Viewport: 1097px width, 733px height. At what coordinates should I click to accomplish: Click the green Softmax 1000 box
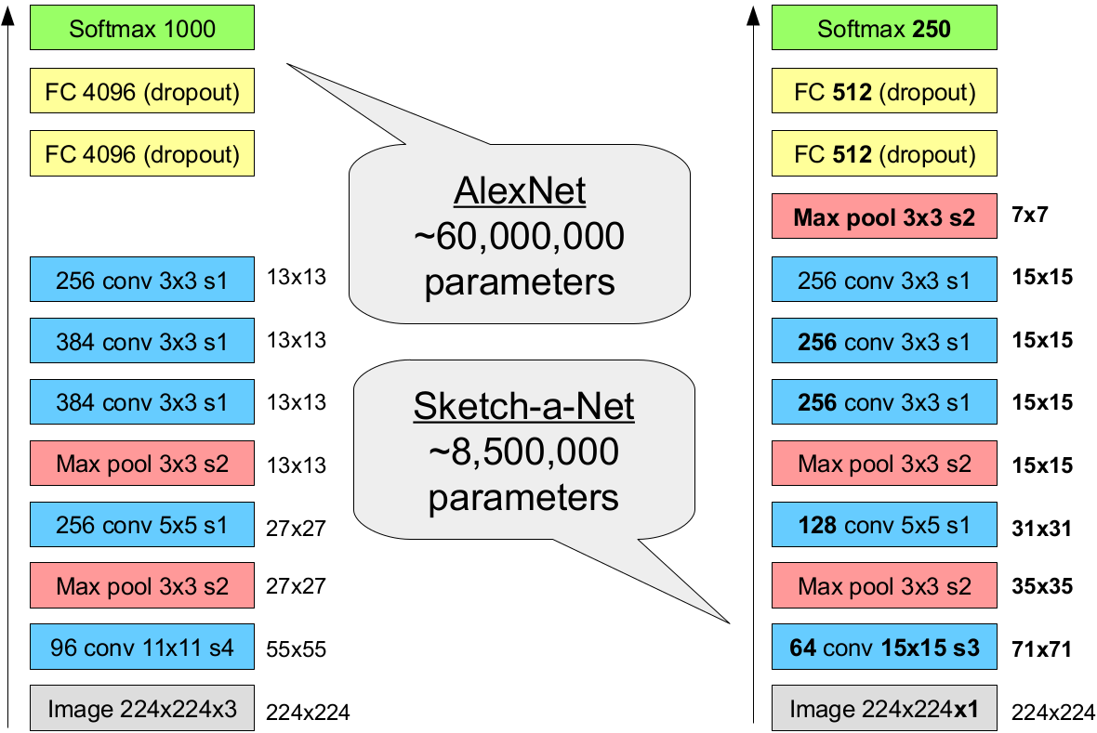pyautogui.click(x=141, y=29)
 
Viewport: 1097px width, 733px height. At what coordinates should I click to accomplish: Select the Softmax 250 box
pyautogui.click(x=884, y=29)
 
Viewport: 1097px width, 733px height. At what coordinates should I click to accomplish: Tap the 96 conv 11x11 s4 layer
pyautogui.click(x=141, y=648)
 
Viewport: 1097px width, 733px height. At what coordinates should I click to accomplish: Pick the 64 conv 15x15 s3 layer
pyautogui.click(x=884, y=648)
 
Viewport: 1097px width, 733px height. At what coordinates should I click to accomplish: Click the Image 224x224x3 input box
pyautogui.click(x=141, y=710)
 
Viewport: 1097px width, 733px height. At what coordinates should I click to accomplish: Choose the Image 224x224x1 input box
pyautogui.click(x=884, y=710)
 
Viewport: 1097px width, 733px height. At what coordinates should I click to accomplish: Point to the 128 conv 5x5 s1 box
pyautogui.click(x=884, y=525)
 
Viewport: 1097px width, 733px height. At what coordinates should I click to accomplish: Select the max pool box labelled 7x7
pyautogui.click(x=884, y=216)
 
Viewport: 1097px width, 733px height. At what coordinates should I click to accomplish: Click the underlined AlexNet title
pyautogui.click(x=520, y=191)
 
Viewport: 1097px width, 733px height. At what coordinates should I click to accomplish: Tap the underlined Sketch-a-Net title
pyautogui.click(x=523, y=407)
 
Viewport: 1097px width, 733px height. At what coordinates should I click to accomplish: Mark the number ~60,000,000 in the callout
pyautogui.click(x=520, y=237)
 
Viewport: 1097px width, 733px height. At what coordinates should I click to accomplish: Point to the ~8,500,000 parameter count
pyautogui.click(x=523, y=452)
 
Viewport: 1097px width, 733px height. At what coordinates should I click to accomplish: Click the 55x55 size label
pyautogui.click(x=297, y=649)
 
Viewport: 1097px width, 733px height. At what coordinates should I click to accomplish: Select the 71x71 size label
pyautogui.click(x=1041, y=649)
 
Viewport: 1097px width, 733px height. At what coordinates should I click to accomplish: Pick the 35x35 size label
pyautogui.click(x=1041, y=587)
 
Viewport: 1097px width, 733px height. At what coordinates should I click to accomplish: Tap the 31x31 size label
pyautogui.click(x=1041, y=528)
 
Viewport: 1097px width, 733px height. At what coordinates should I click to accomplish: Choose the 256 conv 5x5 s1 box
pyautogui.click(x=141, y=525)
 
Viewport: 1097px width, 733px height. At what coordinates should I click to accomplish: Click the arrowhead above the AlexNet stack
pyautogui.click(x=8, y=16)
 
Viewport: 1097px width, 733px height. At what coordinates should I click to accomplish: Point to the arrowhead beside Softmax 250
pyautogui.click(x=751, y=16)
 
